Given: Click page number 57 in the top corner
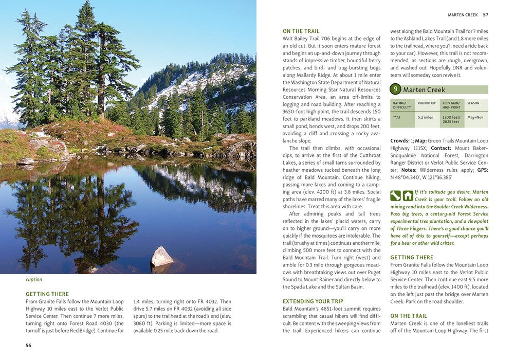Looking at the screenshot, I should tap(485, 14).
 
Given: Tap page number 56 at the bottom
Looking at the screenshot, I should tap(29, 345).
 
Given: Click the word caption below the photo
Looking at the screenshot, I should tap(34, 280).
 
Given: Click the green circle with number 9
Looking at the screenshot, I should tap(395, 89).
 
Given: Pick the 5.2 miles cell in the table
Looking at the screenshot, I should tap(425, 117).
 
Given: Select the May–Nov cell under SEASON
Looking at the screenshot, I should tap(475, 117).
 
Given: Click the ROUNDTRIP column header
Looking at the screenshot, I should tap(427, 103).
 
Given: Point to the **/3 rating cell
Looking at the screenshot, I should tap(396, 117).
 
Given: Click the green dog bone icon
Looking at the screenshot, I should tap(395, 195).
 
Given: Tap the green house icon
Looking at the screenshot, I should tap(408, 195).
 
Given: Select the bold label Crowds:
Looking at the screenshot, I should tap(400, 141).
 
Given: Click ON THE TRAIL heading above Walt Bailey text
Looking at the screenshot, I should tap(301, 31).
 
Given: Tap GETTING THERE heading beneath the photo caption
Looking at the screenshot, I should tap(47, 294).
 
